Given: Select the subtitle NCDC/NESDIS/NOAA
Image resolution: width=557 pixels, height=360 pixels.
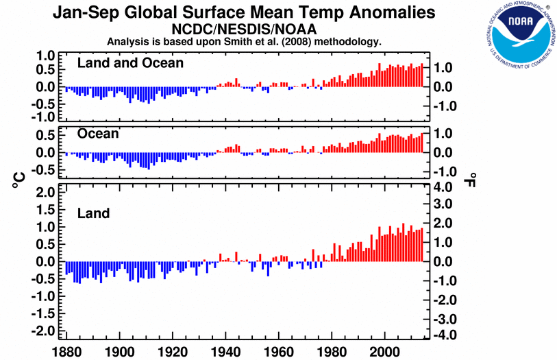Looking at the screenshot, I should coord(244,29).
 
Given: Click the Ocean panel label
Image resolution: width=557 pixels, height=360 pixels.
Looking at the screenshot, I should coord(98,134).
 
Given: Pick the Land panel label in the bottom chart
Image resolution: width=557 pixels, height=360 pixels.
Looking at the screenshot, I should coord(93,214).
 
